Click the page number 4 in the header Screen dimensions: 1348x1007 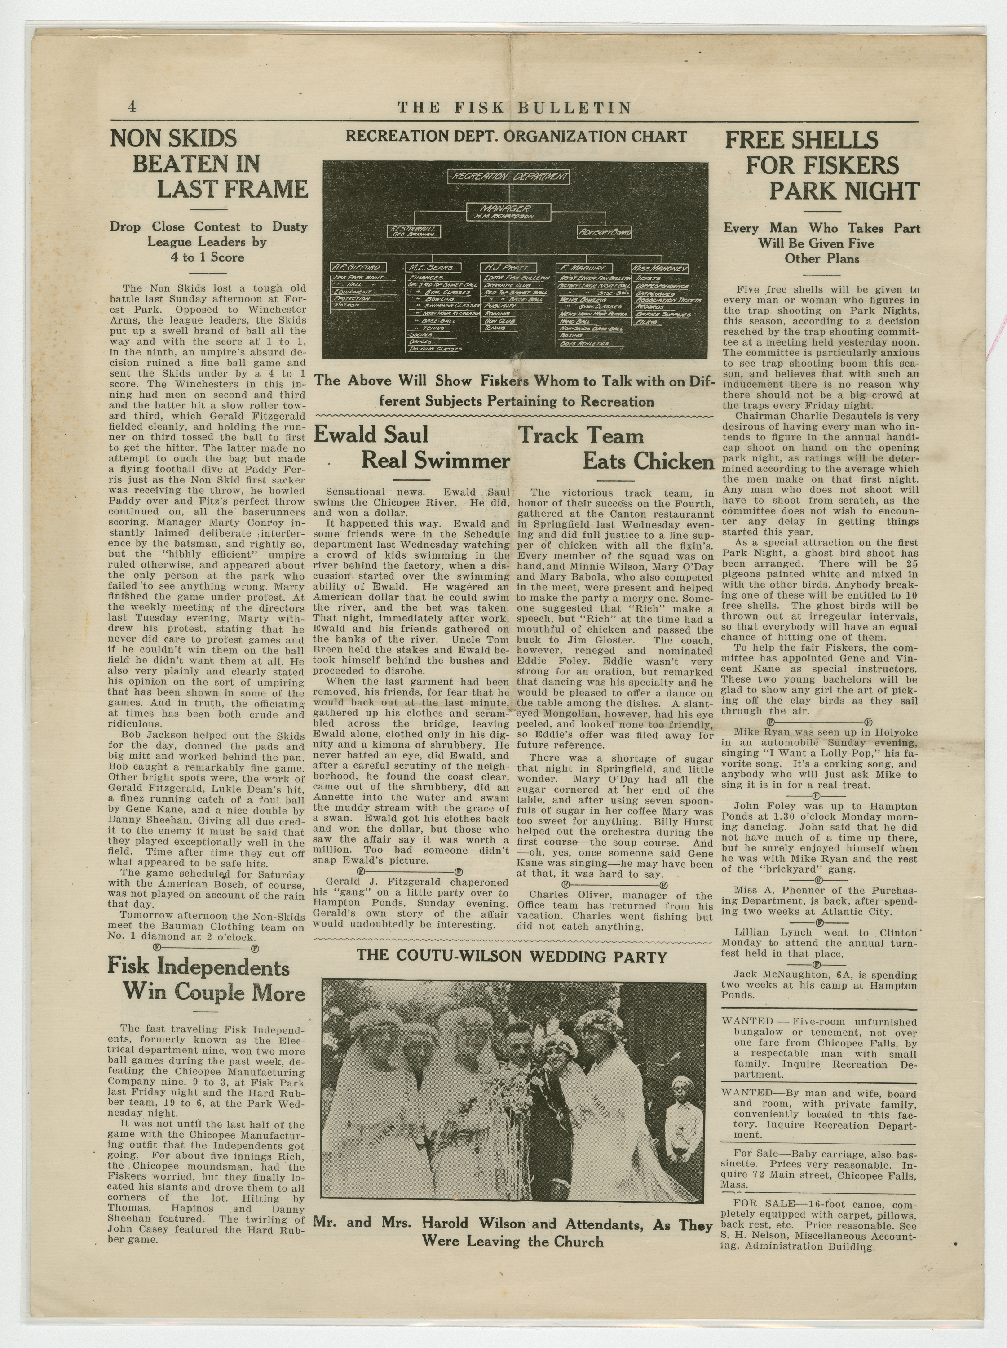tap(132, 106)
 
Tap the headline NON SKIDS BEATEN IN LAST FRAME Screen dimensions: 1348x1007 tap(208, 163)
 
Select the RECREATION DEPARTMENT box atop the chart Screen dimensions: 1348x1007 tap(509, 177)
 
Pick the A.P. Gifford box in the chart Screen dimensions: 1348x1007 tap(358, 267)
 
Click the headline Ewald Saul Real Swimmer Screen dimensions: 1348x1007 tap(411, 447)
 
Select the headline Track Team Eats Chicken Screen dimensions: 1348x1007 tap(615, 448)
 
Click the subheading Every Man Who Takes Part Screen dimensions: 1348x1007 tap(821, 229)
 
